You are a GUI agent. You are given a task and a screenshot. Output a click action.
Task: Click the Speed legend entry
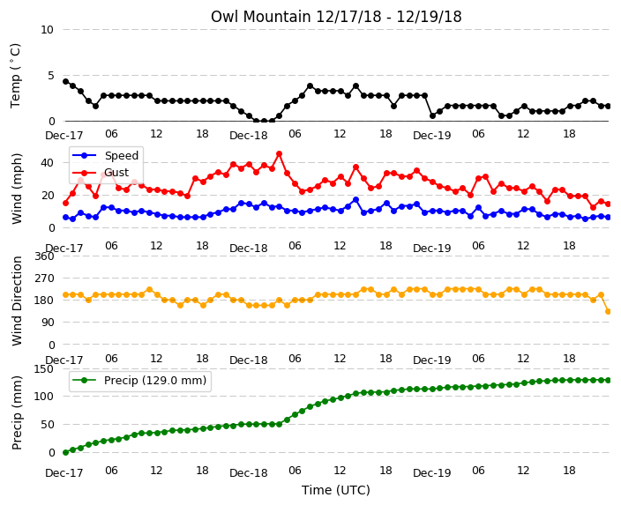point(105,155)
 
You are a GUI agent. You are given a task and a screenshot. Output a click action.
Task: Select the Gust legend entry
point(101,173)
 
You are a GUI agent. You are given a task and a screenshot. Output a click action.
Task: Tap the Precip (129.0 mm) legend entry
point(139,381)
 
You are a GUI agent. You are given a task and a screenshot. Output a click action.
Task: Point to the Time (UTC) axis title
point(336,490)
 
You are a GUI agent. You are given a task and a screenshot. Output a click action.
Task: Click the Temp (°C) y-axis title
point(16,76)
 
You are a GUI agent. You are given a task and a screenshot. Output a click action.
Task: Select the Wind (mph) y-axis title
point(17,189)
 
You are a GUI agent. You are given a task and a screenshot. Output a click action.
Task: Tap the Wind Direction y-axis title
point(17,301)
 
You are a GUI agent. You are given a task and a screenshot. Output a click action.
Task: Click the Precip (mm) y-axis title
point(17,412)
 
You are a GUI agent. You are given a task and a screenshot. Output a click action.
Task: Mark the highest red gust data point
point(280,154)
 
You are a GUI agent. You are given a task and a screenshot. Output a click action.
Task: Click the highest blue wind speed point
point(355,200)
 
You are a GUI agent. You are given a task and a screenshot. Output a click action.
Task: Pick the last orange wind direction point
point(609,311)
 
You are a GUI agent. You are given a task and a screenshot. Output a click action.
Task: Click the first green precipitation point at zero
point(66,452)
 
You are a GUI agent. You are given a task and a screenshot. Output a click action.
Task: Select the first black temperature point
point(66,82)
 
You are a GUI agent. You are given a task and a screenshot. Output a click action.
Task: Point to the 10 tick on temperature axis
point(47,30)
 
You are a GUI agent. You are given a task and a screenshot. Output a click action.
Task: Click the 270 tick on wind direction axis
point(44,278)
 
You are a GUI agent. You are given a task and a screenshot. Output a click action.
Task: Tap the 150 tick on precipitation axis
point(44,369)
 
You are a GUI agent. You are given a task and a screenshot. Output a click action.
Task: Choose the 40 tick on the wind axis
point(47,163)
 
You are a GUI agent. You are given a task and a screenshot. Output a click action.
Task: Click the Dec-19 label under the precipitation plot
point(432,473)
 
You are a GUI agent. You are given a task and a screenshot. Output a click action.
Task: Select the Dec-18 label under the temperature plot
point(249,136)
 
